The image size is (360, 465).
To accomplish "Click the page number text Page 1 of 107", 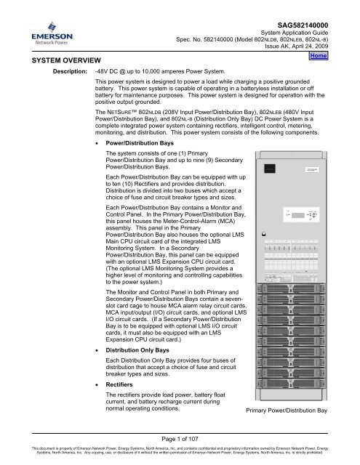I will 180,435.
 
